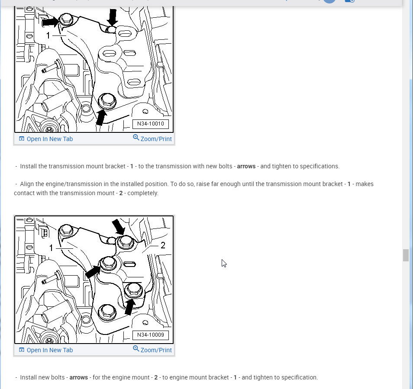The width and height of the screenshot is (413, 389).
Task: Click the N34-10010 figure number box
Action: (150, 124)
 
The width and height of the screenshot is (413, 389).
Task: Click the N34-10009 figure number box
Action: (150, 335)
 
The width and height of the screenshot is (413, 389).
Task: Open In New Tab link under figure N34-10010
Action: (46, 139)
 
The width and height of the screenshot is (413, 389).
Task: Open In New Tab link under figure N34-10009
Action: (46, 350)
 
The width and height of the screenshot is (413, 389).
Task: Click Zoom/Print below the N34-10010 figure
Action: (152, 138)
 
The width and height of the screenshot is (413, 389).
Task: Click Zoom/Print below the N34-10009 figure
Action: (152, 350)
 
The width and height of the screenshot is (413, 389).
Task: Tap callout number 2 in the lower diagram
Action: (163, 245)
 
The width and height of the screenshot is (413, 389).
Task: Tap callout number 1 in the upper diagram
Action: (48, 35)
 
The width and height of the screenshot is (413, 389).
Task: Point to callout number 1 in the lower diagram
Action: (51, 248)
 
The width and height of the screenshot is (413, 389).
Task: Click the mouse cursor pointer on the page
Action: (224, 263)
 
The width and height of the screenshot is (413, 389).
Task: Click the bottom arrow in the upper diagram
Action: (101, 117)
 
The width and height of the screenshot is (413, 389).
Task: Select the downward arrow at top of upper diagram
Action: (113, 17)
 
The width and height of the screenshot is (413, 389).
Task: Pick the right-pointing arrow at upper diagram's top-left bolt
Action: (51, 22)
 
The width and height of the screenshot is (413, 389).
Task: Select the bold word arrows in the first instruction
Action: (246, 166)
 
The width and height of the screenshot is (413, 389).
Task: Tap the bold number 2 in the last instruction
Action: (156, 377)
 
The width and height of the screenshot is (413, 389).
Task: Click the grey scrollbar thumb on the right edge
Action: (406, 255)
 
